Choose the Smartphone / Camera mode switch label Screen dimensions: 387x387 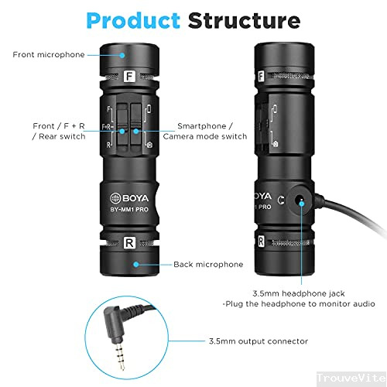point(212,131)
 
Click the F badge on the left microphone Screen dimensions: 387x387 point(131,77)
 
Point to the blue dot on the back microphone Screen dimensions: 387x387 point(136,264)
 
